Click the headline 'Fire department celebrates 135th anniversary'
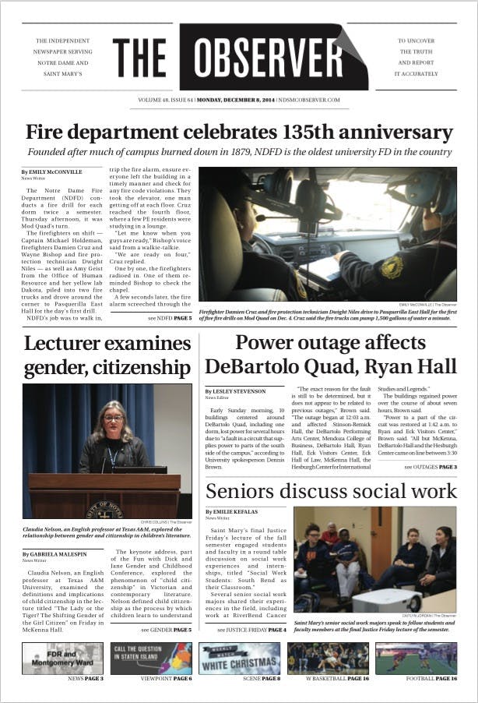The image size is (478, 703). coord(239,132)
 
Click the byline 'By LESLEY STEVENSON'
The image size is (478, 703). coord(235,390)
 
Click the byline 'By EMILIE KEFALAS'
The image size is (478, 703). coord(230,511)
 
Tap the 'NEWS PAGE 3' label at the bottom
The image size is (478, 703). coord(86,679)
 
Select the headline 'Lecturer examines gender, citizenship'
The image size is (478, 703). coord(107,355)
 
